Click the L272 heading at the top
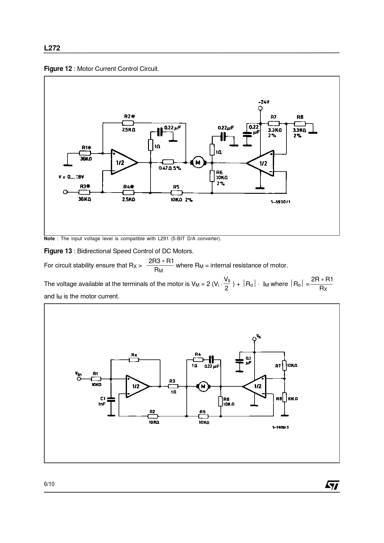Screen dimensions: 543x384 tap(52, 48)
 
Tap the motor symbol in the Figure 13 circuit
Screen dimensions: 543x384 tap(203, 386)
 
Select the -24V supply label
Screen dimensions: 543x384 tap(264, 102)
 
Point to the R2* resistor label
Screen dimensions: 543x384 tap(129, 116)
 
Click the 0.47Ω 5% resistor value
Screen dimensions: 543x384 tap(170, 168)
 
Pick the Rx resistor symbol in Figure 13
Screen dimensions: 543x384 tap(134, 360)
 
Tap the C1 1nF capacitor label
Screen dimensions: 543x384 tap(103, 401)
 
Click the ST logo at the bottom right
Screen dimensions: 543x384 tap(332, 485)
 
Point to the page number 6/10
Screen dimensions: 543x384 tap(49, 484)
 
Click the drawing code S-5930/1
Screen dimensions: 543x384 tap(281, 202)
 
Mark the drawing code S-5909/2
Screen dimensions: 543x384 tap(280, 427)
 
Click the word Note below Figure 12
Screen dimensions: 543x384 tap(49, 239)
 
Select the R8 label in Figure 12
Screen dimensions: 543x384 tap(300, 117)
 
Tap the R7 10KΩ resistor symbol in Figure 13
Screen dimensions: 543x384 tap(285, 365)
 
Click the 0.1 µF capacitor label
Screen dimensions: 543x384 tap(248, 360)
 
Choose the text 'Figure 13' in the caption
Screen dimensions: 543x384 tap(58, 251)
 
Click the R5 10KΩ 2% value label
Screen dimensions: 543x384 tap(181, 200)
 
